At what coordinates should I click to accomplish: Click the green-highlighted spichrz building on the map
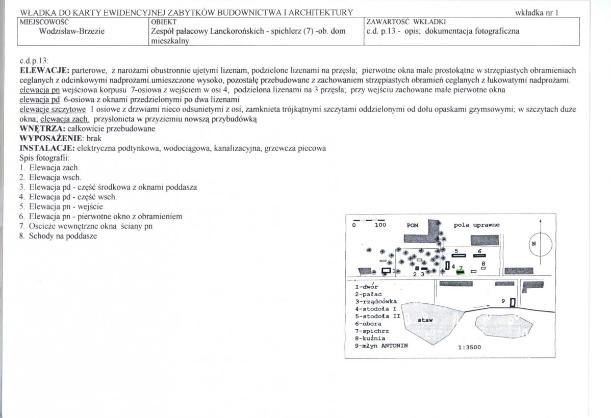[x=461, y=272]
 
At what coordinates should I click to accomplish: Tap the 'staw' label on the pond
[x=425, y=321]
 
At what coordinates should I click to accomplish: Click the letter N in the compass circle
[x=534, y=244]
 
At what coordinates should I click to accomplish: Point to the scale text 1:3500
[x=469, y=348]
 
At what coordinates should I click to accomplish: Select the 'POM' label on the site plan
[x=412, y=225]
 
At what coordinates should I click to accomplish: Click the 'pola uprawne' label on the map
[x=477, y=225]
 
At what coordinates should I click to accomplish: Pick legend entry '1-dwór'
[x=367, y=286]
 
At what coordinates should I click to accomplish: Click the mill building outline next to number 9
[x=513, y=302]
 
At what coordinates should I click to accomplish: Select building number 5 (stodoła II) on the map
[x=457, y=254]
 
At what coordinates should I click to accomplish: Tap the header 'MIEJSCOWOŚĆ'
[x=44, y=22]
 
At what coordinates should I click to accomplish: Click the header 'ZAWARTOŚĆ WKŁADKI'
[x=406, y=22]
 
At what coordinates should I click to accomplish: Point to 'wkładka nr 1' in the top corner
[x=538, y=12]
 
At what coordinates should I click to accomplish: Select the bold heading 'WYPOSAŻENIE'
[x=48, y=138]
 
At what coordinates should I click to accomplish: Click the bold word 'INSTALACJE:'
[x=46, y=148]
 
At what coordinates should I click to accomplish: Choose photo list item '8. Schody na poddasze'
[x=58, y=236]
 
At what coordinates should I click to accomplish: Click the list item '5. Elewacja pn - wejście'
[x=61, y=206]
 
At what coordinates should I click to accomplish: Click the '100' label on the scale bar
[x=380, y=225]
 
